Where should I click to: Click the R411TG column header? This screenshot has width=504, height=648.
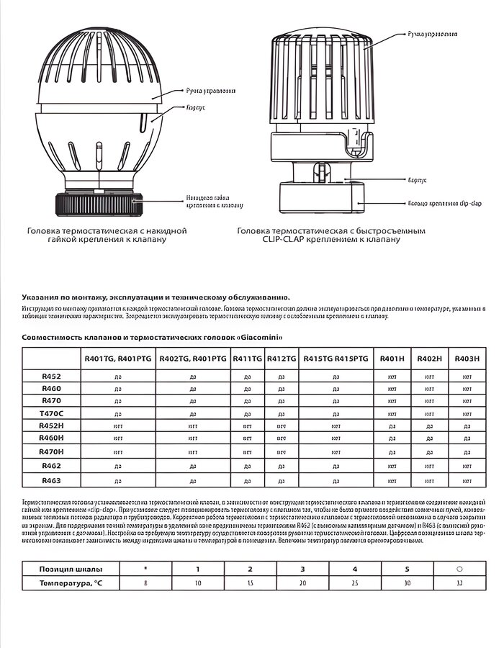click(x=247, y=358)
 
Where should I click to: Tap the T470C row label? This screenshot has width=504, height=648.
click(x=51, y=413)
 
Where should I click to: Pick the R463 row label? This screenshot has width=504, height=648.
click(x=51, y=480)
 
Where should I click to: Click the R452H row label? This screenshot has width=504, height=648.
click(x=51, y=426)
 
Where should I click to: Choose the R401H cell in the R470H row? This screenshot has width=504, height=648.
click(x=392, y=451)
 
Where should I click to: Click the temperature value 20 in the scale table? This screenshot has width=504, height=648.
click(x=302, y=582)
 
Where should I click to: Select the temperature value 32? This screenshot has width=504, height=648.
click(x=459, y=582)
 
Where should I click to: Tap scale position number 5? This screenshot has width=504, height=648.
click(x=408, y=569)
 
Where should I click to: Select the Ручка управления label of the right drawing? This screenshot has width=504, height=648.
click(x=431, y=33)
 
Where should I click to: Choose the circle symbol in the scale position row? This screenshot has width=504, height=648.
click(x=459, y=569)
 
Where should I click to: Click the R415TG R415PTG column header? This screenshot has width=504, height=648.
click(x=336, y=358)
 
